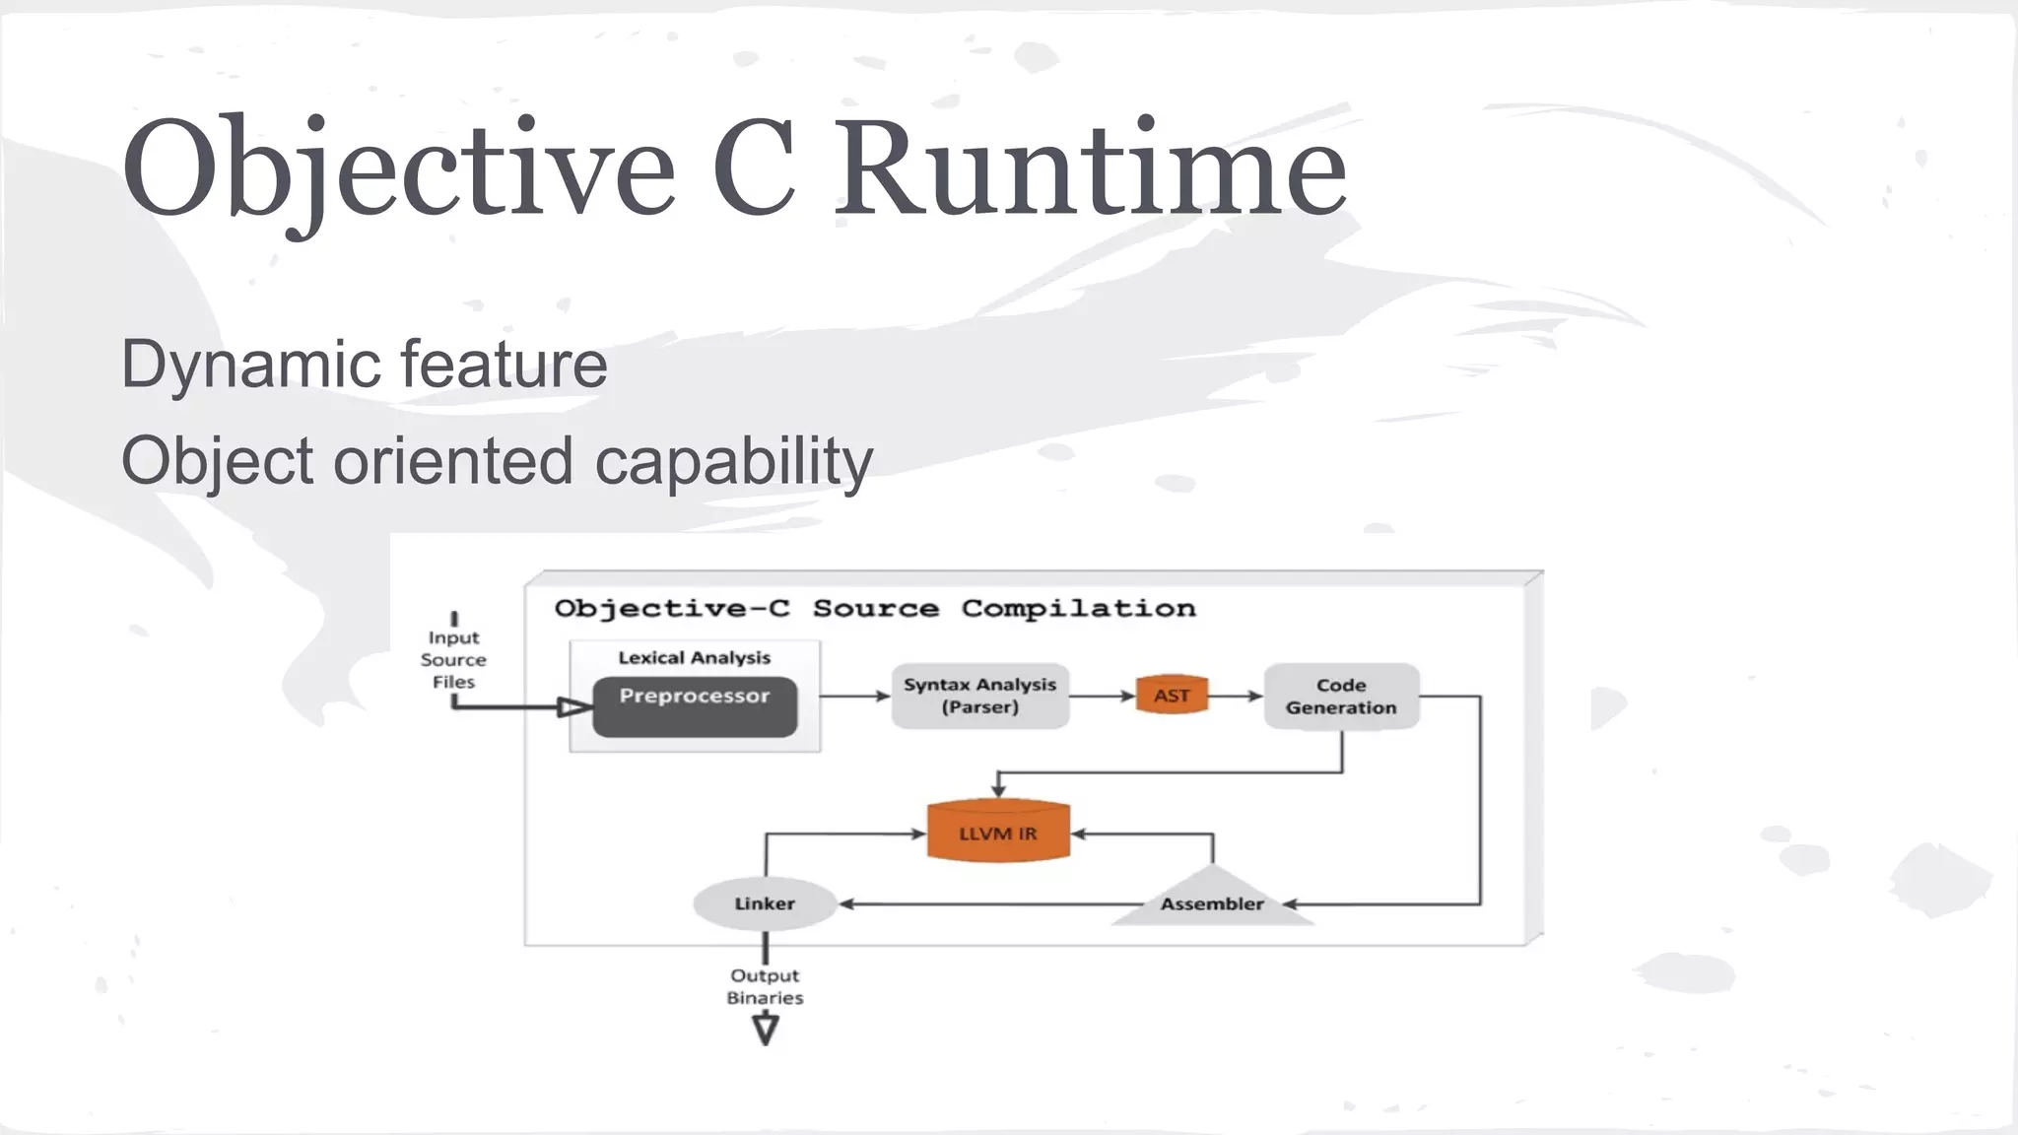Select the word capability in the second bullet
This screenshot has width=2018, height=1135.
point(733,461)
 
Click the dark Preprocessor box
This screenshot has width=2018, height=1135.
point(695,706)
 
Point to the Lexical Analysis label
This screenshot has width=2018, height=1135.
point(695,657)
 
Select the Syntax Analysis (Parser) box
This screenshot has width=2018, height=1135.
point(979,696)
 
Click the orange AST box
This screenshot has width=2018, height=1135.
point(1172,696)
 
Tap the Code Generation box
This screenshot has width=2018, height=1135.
point(1341,696)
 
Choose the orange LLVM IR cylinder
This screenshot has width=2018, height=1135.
point(998,833)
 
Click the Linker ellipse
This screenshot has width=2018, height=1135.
point(765,903)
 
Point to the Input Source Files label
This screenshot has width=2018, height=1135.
point(453,659)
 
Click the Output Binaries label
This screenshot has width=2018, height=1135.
point(765,986)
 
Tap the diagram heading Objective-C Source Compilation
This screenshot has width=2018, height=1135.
point(875,608)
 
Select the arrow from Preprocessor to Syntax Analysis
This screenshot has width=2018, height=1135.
point(854,696)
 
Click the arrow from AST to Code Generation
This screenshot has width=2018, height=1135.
point(1236,696)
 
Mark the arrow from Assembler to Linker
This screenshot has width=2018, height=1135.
point(985,903)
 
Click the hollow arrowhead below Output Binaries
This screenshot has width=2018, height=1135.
point(765,1030)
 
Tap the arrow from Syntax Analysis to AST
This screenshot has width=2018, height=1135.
point(1103,696)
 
